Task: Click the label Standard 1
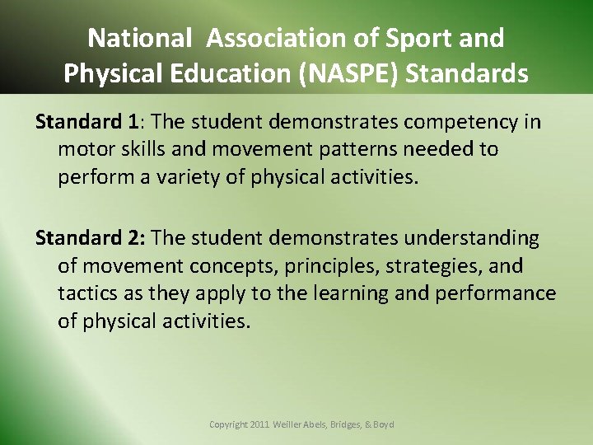click(86, 122)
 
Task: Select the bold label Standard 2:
click(90, 238)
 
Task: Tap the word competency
click(457, 122)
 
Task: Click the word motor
click(84, 149)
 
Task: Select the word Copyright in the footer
click(229, 424)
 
